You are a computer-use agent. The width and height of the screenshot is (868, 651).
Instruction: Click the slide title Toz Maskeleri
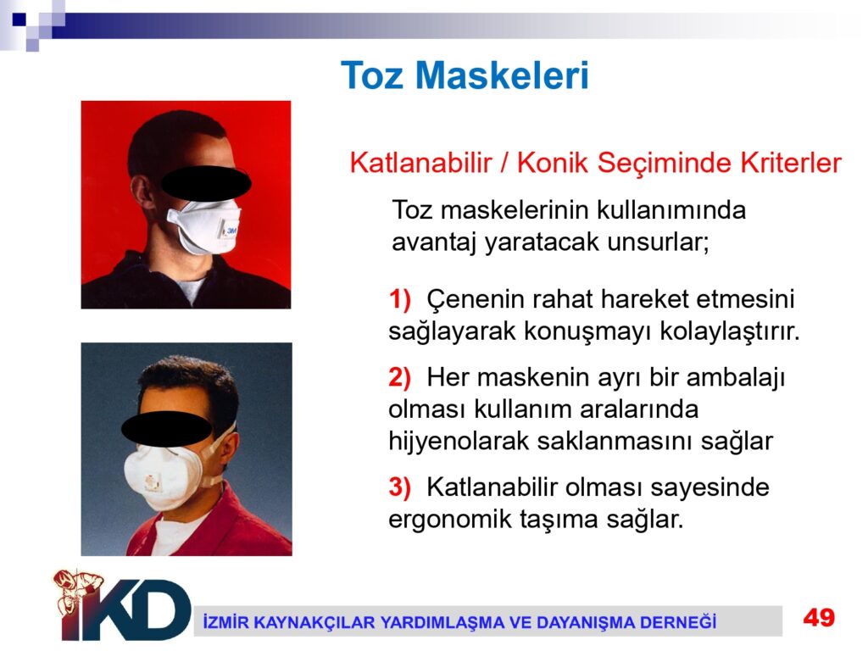tap(465, 75)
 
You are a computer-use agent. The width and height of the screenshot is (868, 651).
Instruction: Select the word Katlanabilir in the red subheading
tap(420, 163)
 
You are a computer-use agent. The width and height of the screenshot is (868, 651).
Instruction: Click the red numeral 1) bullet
tap(400, 299)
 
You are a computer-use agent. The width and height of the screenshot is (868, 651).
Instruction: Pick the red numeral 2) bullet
tap(400, 377)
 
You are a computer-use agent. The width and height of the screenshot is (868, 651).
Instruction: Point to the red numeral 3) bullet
tap(400, 487)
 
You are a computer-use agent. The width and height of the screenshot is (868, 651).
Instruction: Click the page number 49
tap(820, 617)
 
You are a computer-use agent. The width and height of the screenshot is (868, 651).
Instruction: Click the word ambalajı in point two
tap(736, 379)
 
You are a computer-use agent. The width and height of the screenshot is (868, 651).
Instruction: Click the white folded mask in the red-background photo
tap(204, 225)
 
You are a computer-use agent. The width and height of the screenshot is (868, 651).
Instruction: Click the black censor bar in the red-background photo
tap(206, 183)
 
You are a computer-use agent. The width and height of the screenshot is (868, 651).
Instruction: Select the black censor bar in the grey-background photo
tap(166, 429)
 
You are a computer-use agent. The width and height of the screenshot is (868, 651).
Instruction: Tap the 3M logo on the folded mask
tap(231, 230)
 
